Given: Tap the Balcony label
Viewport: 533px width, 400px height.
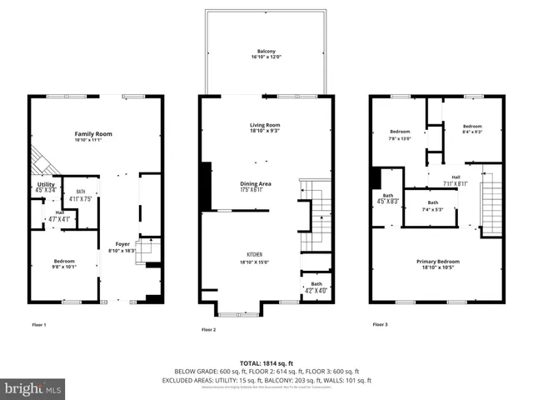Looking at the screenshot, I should click(x=266, y=52).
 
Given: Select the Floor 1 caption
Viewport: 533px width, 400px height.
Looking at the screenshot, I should click(x=38, y=323).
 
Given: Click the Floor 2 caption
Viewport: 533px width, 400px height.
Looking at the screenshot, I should click(x=208, y=330).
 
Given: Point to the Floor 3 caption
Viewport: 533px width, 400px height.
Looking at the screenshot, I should click(x=380, y=323).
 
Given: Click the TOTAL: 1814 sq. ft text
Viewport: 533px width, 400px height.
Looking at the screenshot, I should click(x=265, y=364).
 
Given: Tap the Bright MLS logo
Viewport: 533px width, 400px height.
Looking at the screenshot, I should click(x=32, y=388).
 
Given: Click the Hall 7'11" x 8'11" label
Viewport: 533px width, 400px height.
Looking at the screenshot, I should click(x=456, y=180).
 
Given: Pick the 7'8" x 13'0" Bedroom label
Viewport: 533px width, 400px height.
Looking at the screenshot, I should click(x=400, y=135).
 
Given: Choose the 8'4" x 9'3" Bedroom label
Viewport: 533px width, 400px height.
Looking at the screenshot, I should click(x=471, y=129).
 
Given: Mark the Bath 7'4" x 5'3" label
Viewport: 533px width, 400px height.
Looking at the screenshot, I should click(x=432, y=206).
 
